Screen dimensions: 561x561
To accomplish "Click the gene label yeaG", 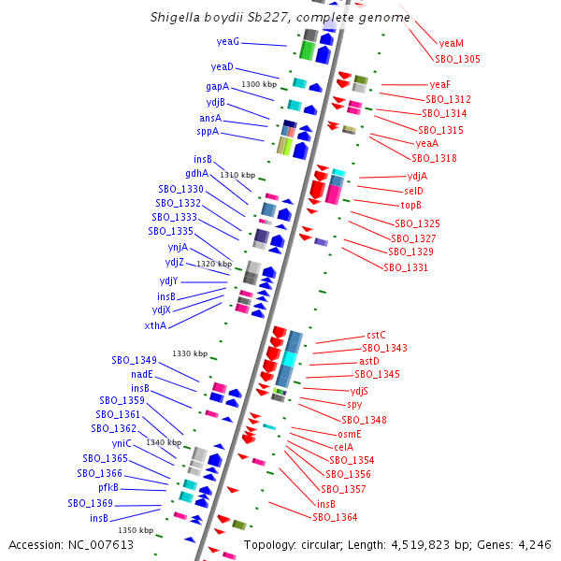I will pyautogui.click(x=228, y=42).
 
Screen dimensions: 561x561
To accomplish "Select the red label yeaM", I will pyautogui.click(x=452, y=43).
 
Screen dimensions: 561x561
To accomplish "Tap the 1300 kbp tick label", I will pyautogui.click(x=259, y=85).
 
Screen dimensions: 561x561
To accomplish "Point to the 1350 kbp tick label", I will pyautogui.click(x=135, y=531).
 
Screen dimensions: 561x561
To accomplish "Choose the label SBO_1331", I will pyautogui.click(x=406, y=267).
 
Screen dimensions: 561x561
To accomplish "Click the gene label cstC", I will pyautogui.click(x=376, y=335).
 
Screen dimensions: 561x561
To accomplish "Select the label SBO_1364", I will pyautogui.click(x=335, y=517).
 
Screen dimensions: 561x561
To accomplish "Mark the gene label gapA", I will pyautogui.click(x=217, y=86).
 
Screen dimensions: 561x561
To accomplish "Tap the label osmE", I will pyautogui.click(x=349, y=434).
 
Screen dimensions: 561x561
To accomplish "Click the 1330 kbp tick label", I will pyautogui.click(x=189, y=353).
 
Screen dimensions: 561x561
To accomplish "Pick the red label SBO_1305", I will pyautogui.click(x=457, y=59).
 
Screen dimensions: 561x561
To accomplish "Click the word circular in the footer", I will pyautogui.click(x=324, y=545).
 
